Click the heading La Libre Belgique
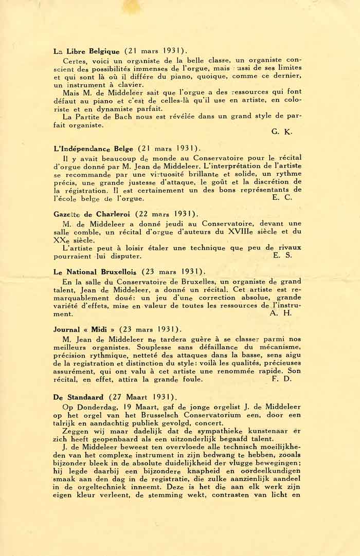point(86,51)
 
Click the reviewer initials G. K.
point(281,132)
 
